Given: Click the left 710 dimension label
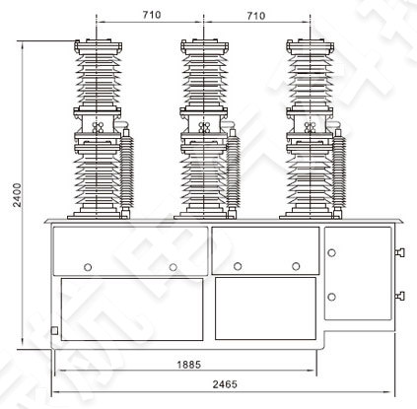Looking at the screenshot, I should pos(151,15).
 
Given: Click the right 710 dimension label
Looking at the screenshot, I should pos(255,15).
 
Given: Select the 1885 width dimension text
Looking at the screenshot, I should pos(190,364).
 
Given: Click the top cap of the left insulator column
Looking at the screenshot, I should pos(98,42).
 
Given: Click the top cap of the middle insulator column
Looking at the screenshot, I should pos(203,42).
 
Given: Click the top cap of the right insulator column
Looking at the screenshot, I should pos(308,42).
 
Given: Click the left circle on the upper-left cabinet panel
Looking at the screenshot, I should pos(88,266).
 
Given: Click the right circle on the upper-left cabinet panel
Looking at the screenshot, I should pos(173,266).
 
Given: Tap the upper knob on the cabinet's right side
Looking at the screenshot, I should pos(399,253).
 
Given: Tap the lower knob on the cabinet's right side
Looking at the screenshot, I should pos(399,294).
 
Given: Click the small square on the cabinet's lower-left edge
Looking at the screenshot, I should pos(55,329).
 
